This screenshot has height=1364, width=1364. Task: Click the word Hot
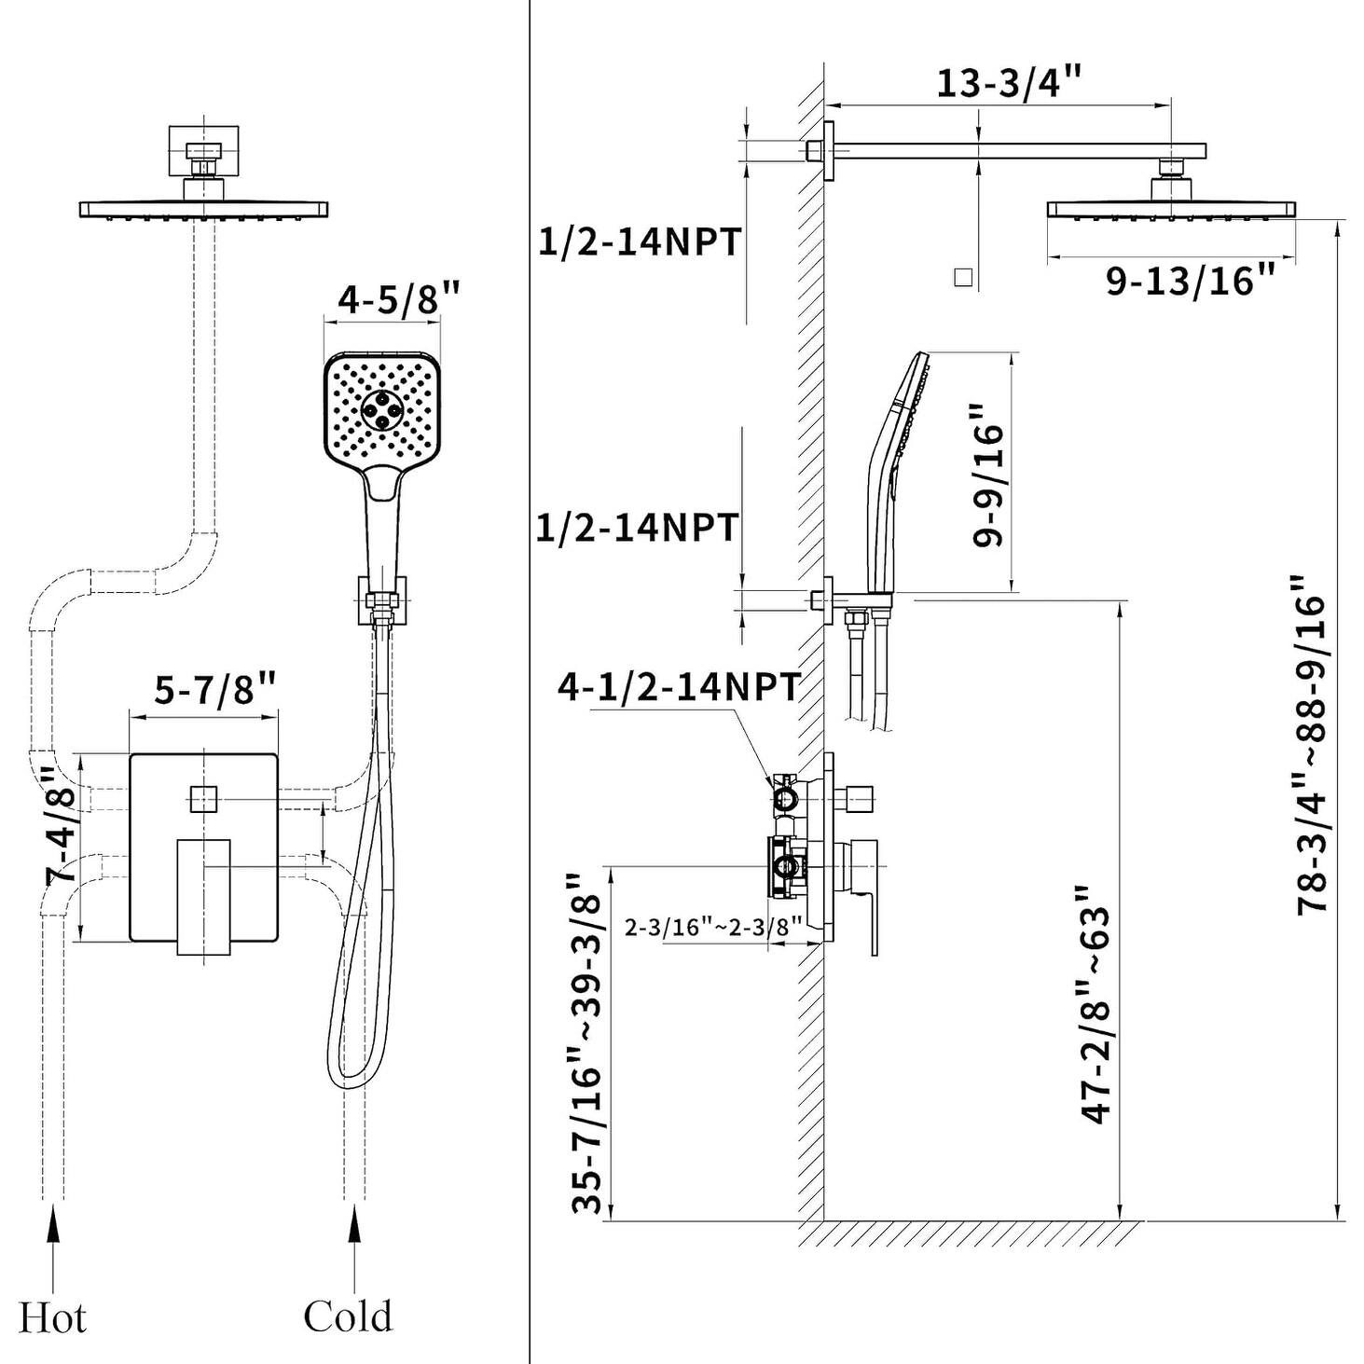click(x=52, y=1318)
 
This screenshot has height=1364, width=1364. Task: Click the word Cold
click(x=348, y=1316)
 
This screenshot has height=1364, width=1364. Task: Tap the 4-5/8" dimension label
click(x=399, y=299)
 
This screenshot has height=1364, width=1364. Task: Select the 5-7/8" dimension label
click(x=215, y=690)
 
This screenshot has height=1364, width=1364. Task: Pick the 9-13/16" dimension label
click(x=1190, y=280)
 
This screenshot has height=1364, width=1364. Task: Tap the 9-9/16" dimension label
click(x=987, y=475)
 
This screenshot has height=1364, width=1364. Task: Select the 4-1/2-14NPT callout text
click(x=678, y=687)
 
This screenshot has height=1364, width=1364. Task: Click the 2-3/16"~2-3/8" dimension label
click(x=713, y=927)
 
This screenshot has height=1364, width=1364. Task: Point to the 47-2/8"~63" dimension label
click(x=1096, y=1003)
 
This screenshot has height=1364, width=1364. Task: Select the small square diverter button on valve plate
click(x=203, y=799)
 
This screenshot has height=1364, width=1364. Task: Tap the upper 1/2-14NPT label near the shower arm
click(x=640, y=241)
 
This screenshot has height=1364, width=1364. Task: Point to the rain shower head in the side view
click(x=1171, y=209)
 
